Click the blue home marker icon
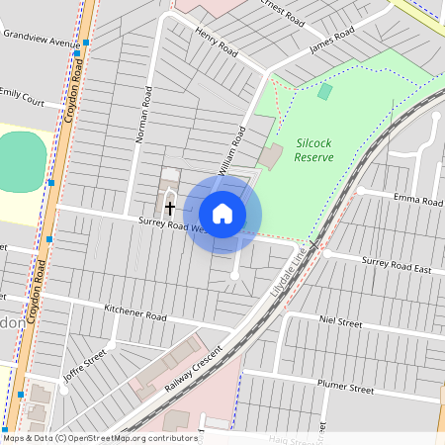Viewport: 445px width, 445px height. click(222, 214)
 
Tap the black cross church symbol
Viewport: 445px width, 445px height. click(170, 209)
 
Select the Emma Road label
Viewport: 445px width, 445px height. click(417, 201)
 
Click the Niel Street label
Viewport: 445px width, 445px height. click(341, 321)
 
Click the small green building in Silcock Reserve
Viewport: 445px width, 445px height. click(325, 91)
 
